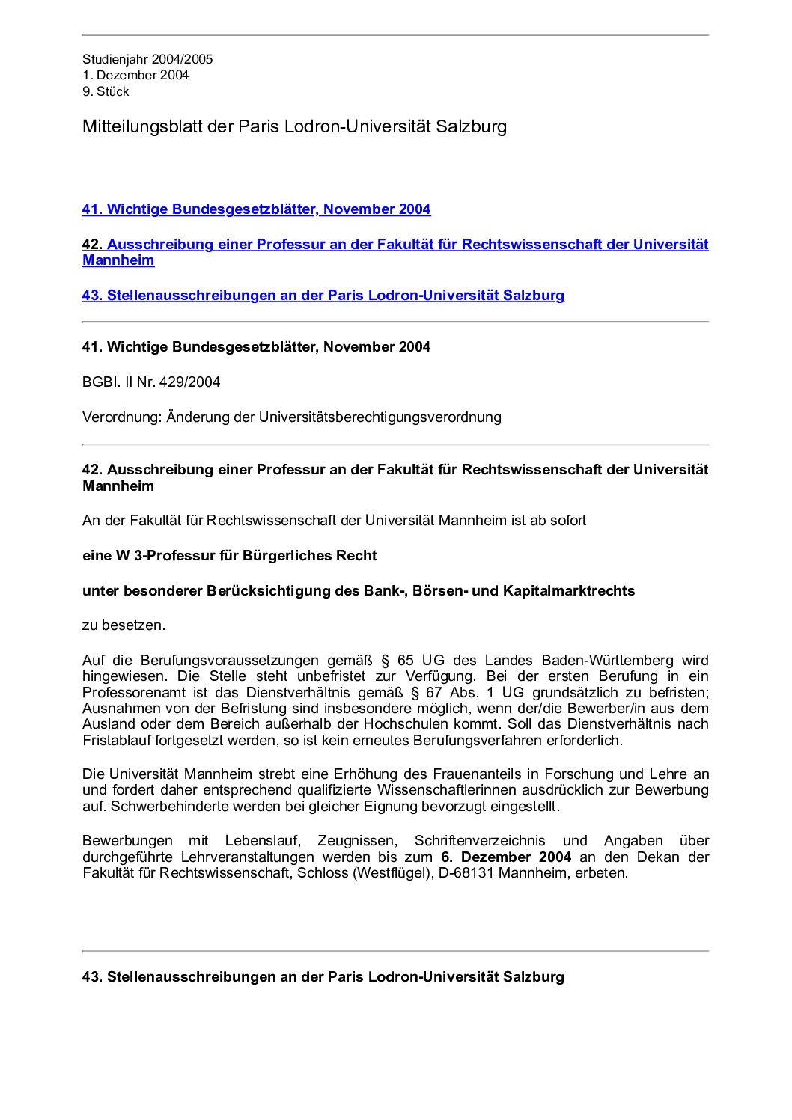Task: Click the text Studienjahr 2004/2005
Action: tap(147, 59)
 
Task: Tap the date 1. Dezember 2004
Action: tap(135, 75)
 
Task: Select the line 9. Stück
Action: tap(106, 91)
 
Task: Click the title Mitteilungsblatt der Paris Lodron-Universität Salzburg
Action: tap(294, 126)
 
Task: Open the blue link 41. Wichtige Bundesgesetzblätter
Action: tap(256, 209)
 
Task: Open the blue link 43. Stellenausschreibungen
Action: tap(323, 296)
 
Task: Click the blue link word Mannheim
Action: tap(118, 260)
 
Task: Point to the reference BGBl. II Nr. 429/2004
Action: tap(151, 382)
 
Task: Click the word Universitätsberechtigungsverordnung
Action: tap(380, 417)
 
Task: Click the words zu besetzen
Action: tap(124, 625)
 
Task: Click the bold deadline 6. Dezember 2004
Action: tap(505, 857)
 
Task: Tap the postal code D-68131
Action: tap(466, 873)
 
